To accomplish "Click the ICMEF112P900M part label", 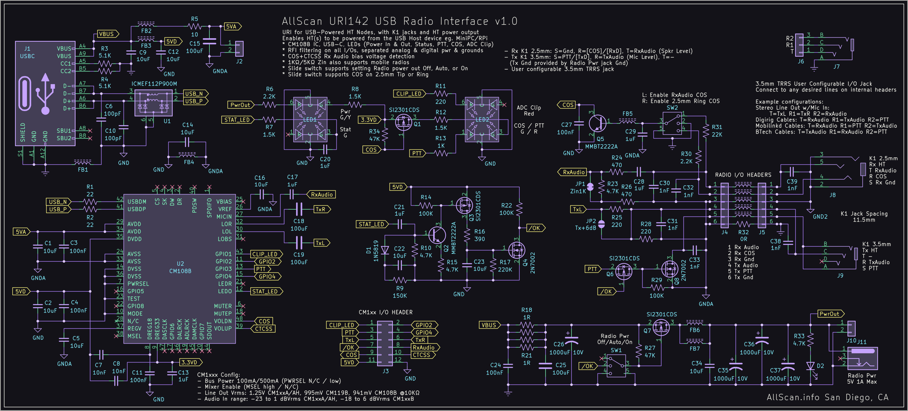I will point(154,84).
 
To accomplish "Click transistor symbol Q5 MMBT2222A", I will point(597,123).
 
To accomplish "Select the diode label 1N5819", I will point(376,251).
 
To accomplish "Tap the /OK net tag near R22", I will point(535,228).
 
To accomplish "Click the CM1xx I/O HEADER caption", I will point(385,312).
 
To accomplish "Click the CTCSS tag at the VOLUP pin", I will point(264,328).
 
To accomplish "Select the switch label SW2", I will point(672,108).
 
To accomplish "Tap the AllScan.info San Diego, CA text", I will point(827,398).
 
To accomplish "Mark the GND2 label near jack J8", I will point(820,216).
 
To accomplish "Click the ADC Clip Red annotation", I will point(528,110).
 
